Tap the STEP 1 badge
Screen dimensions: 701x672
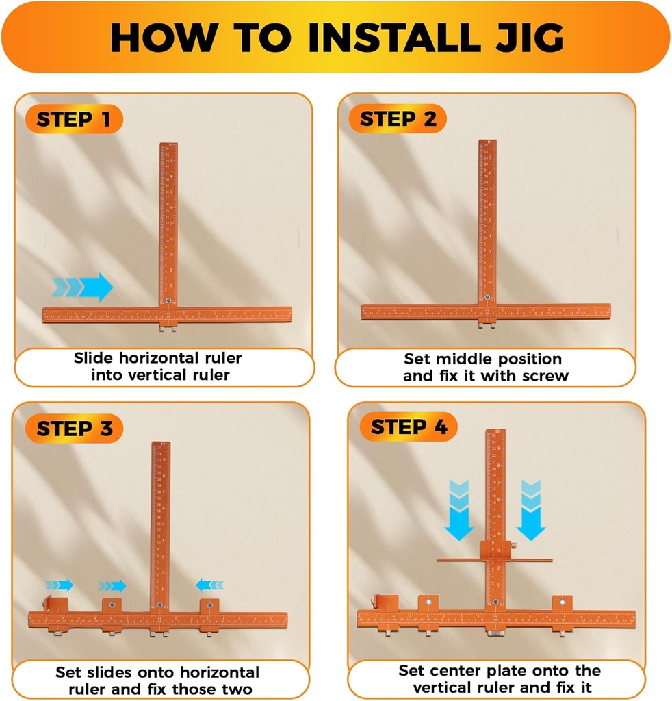pos(73,119)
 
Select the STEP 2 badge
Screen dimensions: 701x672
pos(398,119)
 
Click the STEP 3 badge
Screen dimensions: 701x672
pos(73,429)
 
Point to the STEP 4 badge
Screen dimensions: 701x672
pos(409,427)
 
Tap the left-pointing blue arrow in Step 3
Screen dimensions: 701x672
pos(209,585)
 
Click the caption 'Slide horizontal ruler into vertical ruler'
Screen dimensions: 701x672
pos(158,366)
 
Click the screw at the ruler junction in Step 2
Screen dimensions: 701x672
pos(487,298)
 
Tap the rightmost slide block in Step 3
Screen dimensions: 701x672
pos(209,607)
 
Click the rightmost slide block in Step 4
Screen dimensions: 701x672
pos(563,604)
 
